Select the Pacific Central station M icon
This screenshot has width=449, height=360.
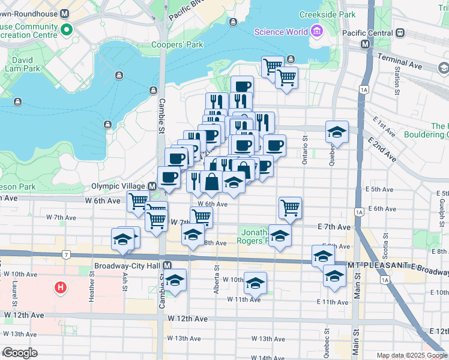(x=364, y=44)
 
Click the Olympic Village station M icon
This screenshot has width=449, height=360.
(x=152, y=187)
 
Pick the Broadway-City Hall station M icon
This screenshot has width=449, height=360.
(x=167, y=265)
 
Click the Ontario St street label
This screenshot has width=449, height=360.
(x=305, y=149)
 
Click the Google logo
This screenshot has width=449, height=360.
(x=20, y=353)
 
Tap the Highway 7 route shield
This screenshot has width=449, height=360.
(x=64, y=254)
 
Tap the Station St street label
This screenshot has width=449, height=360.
(x=398, y=81)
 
